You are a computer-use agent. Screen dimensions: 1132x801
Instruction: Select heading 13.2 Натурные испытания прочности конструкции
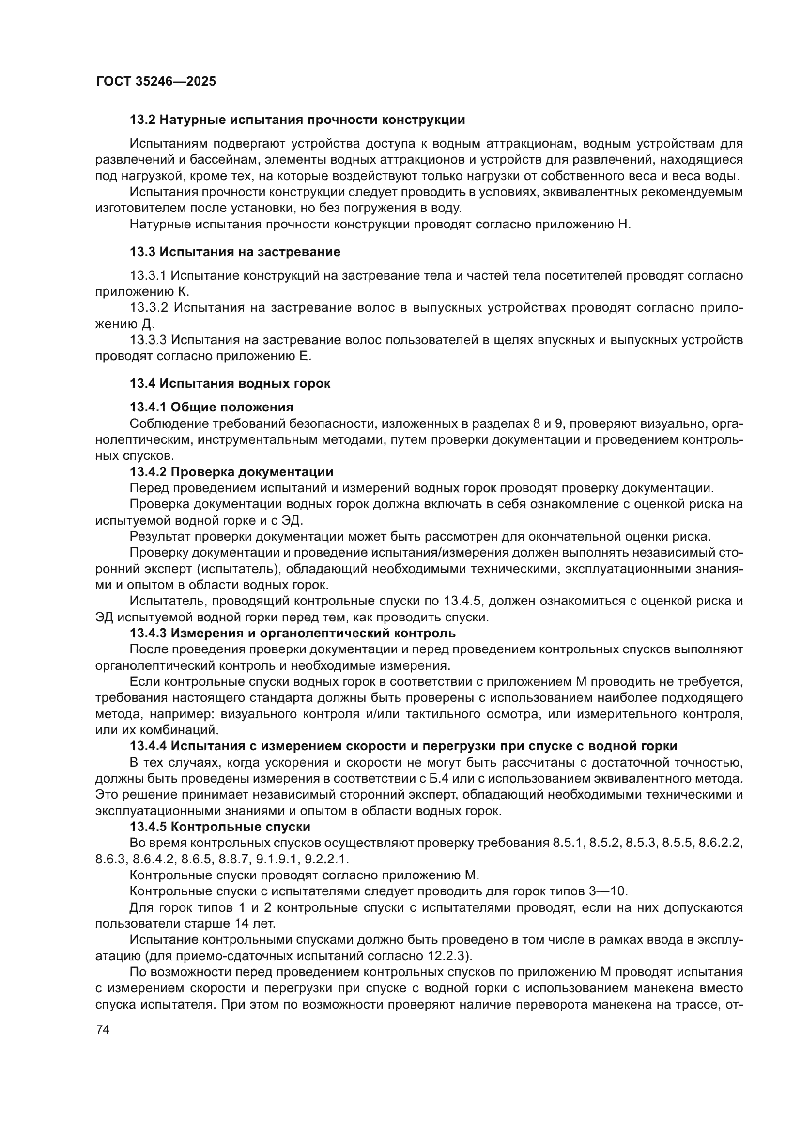(x=297, y=120)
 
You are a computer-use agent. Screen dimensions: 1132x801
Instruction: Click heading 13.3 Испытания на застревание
(x=235, y=252)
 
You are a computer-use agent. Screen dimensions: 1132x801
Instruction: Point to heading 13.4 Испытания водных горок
(x=230, y=383)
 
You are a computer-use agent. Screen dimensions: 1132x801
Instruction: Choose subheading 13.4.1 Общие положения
(x=211, y=407)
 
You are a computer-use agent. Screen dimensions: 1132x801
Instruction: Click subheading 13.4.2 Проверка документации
(x=231, y=472)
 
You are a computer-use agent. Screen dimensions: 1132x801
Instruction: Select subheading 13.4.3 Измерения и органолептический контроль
(x=293, y=633)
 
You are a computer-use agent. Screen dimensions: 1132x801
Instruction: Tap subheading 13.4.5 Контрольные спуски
(x=220, y=827)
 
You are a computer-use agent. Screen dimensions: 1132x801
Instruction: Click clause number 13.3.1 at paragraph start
(x=149, y=275)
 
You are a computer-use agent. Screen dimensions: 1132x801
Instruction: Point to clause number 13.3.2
(x=149, y=308)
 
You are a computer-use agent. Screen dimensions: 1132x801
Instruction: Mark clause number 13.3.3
(x=149, y=340)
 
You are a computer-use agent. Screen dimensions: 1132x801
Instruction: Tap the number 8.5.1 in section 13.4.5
(x=568, y=843)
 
